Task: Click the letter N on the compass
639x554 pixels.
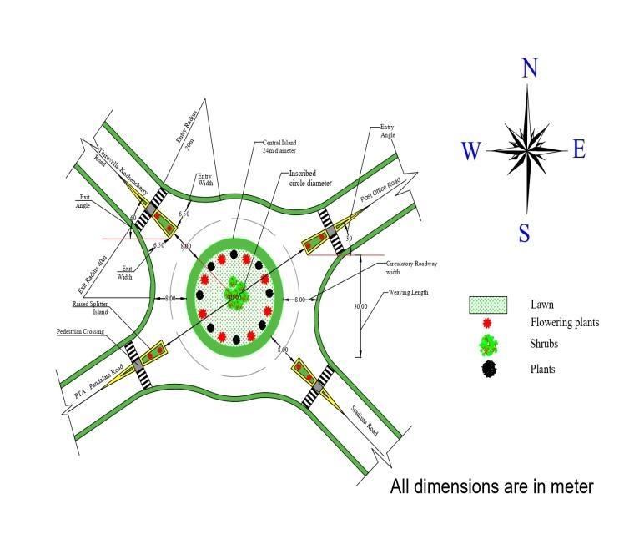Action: [x=529, y=68]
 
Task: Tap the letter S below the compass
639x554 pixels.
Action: [x=524, y=233]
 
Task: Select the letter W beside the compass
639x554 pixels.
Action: [x=471, y=151]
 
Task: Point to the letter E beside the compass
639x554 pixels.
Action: [x=579, y=149]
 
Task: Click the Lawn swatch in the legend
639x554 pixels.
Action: [x=488, y=305]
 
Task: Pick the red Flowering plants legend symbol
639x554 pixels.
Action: [x=488, y=323]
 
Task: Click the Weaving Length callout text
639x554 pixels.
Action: [x=406, y=293]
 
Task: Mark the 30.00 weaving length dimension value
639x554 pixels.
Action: [x=360, y=306]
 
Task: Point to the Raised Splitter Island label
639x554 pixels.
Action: [x=92, y=308]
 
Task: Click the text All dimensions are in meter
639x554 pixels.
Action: [x=491, y=486]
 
